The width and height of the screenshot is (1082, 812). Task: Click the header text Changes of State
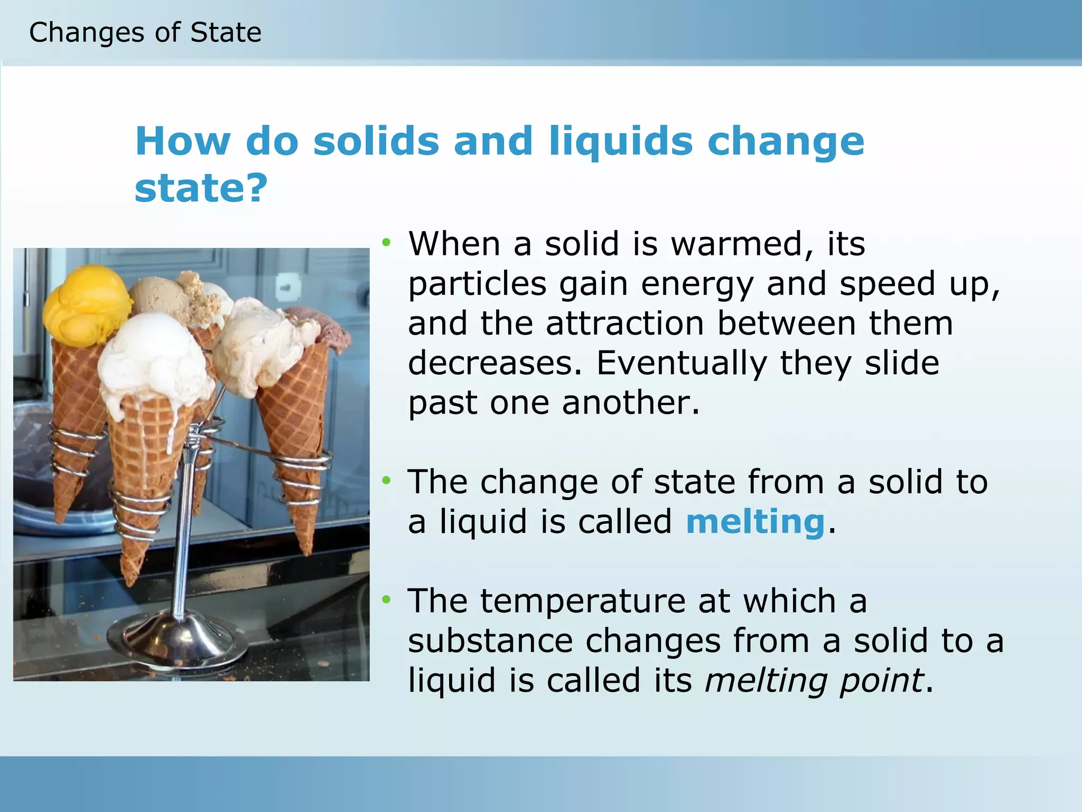click(x=145, y=33)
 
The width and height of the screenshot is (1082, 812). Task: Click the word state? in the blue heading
click(x=201, y=188)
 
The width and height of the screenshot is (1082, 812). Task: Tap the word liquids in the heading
click(x=620, y=142)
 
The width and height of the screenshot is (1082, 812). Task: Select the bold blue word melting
click(x=755, y=522)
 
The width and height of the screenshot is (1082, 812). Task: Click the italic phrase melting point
click(x=814, y=680)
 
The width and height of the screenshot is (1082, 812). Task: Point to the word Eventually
click(x=682, y=363)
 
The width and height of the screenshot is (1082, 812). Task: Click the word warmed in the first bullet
click(x=736, y=244)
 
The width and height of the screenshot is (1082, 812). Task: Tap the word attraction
click(x=624, y=324)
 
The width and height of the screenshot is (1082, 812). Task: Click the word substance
click(x=490, y=641)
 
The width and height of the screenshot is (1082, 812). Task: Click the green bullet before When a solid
click(x=387, y=243)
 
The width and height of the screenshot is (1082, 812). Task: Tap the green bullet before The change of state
click(x=387, y=481)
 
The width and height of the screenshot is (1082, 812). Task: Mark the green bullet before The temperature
click(x=387, y=599)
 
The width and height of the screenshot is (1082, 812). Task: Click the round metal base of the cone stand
click(x=178, y=639)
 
